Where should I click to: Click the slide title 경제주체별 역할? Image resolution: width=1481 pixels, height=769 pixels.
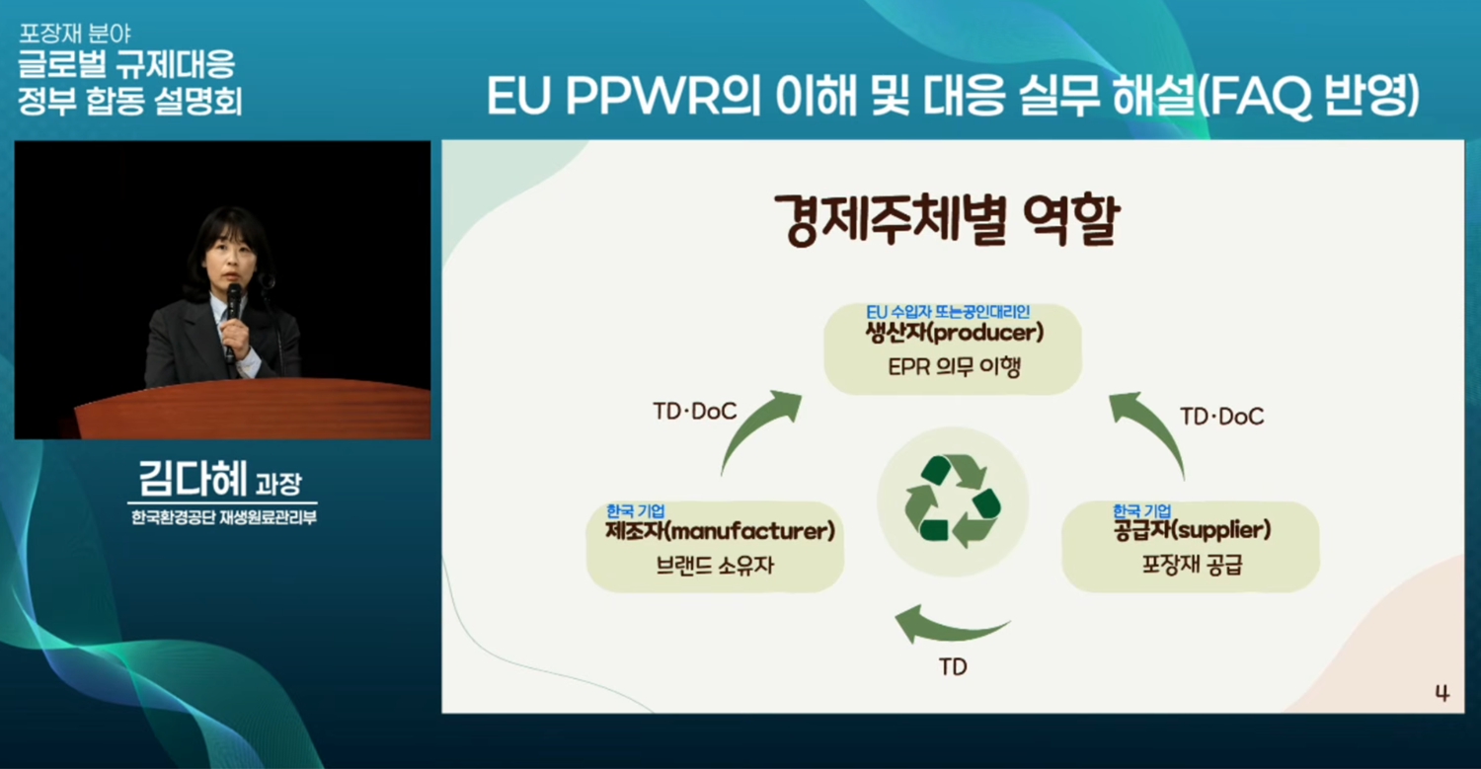(947, 219)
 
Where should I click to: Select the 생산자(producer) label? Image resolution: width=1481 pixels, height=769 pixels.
(954, 332)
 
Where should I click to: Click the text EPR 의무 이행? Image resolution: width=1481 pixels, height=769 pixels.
(954, 366)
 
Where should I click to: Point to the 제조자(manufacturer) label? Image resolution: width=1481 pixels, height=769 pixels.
(720, 531)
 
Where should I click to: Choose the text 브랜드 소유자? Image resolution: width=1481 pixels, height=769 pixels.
(715, 566)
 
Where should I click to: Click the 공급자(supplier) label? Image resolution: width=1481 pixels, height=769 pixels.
(1192, 530)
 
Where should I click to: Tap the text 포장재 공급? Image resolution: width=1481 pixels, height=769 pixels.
(1192, 564)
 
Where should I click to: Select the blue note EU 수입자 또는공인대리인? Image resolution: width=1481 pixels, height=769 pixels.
(948, 311)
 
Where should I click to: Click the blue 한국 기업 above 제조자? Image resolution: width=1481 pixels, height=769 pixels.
(636, 510)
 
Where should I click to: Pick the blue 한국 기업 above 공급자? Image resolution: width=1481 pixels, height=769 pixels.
(1141, 510)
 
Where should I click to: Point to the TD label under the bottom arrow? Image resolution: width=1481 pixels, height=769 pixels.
(953, 667)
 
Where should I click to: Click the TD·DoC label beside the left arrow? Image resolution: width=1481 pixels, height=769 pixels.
(694, 412)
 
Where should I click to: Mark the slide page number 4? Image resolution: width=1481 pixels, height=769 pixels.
(1442, 693)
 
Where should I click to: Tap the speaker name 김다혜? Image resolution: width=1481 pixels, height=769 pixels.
(193, 479)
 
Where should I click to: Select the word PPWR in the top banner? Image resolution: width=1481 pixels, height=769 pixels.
(642, 97)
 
